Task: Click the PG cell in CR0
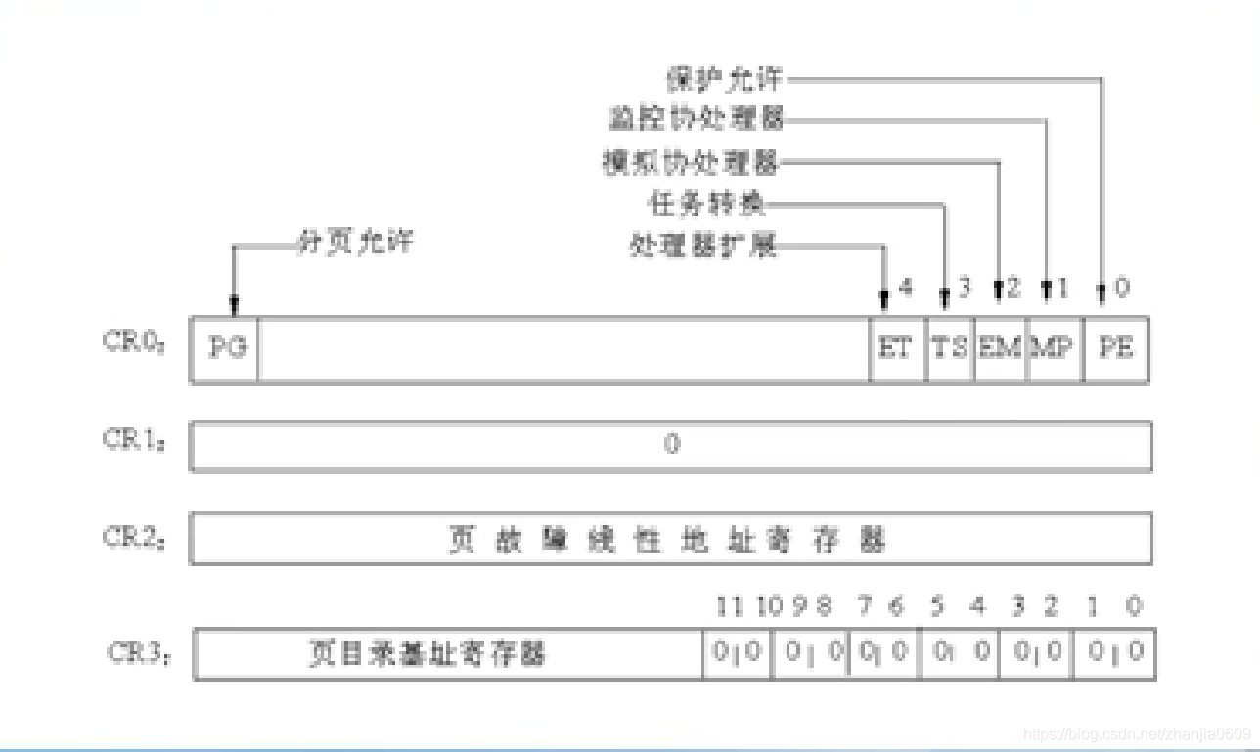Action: (x=226, y=349)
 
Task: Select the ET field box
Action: (x=896, y=349)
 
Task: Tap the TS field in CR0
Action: (x=949, y=349)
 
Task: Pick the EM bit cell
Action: (x=1001, y=349)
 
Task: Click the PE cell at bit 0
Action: (x=1116, y=349)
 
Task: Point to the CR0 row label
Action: (x=134, y=343)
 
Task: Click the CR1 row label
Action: (x=134, y=440)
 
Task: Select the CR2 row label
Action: (x=134, y=537)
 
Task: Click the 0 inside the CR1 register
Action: (x=671, y=445)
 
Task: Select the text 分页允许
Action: (x=355, y=242)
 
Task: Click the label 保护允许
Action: (x=724, y=78)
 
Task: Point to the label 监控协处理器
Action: (x=696, y=119)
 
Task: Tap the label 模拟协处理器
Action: (x=691, y=161)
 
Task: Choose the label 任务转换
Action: (x=707, y=203)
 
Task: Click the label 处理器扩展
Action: (x=702, y=244)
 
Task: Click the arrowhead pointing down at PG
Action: (x=234, y=307)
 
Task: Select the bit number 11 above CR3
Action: (x=729, y=606)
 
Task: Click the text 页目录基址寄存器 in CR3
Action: (x=427, y=653)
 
